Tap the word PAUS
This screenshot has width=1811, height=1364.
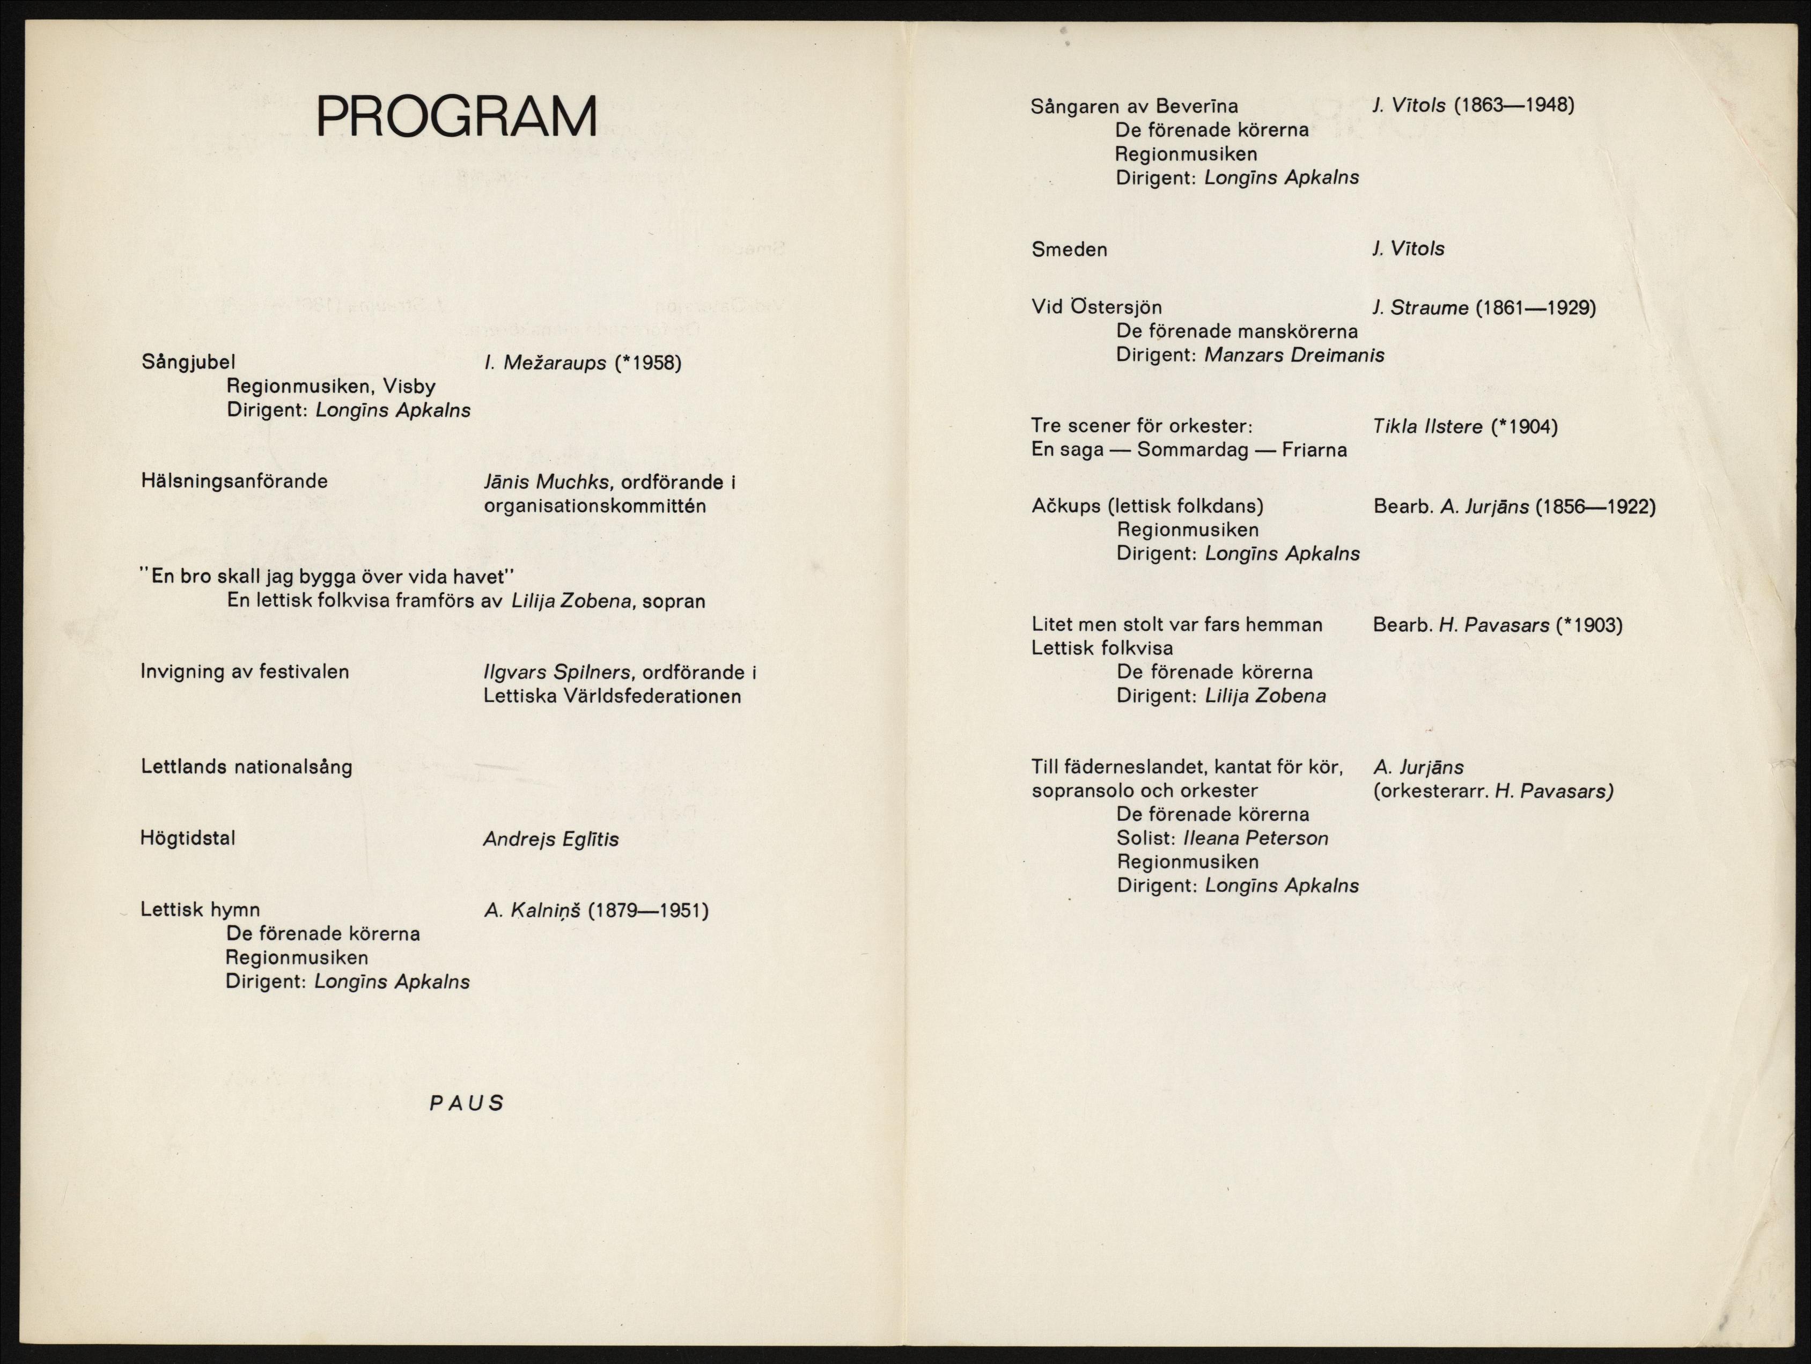click(467, 1103)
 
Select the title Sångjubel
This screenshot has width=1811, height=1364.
click(188, 362)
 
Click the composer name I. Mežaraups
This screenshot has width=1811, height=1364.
click(545, 363)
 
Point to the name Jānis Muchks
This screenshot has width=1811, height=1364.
click(546, 482)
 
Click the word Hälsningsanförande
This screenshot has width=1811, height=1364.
click(234, 481)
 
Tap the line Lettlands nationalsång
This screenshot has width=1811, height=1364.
click(246, 767)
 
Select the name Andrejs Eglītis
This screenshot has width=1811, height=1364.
click(551, 839)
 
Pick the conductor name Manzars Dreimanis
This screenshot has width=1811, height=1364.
click(1294, 355)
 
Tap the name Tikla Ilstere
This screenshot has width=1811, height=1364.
click(1428, 426)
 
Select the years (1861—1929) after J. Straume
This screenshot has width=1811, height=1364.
click(1535, 308)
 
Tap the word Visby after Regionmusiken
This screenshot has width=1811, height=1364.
click(407, 386)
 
